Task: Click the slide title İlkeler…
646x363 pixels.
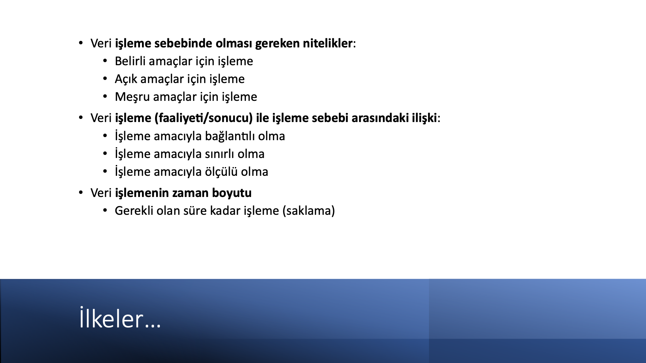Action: click(120, 318)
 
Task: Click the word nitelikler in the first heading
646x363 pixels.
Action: click(328, 43)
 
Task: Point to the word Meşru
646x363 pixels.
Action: click(132, 97)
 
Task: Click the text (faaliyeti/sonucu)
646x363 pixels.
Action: click(204, 118)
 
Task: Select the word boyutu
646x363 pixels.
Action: click(232, 193)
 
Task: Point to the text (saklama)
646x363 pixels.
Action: click(309, 211)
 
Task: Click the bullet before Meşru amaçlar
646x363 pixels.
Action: click(105, 97)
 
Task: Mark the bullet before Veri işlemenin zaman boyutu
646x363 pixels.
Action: click(81, 193)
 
